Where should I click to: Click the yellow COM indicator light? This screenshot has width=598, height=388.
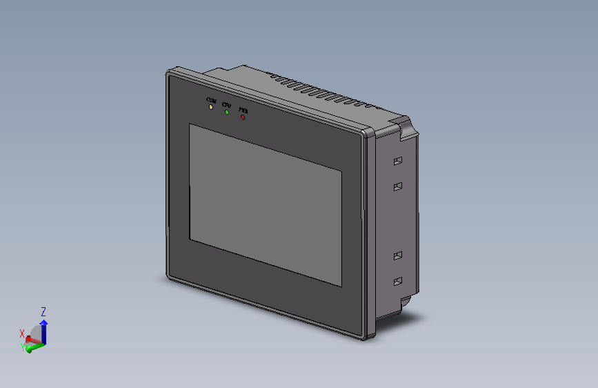point(210,107)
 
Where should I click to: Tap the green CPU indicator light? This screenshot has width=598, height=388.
point(226,112)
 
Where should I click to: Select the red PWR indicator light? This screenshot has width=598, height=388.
point(243,117)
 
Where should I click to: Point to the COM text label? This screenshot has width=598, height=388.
point(211,101)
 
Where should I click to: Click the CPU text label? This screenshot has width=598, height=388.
point(226,105)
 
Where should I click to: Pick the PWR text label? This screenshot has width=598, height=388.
point(243,110)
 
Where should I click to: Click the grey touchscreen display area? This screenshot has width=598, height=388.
point(266,204)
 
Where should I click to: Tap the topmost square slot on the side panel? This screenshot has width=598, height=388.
point(397,162)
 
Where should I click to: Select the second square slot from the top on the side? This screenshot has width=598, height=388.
point(397,186)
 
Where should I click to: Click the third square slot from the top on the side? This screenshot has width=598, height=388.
point(397,256)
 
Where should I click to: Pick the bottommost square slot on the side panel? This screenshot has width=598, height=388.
point(397,281)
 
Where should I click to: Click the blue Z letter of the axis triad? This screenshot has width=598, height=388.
point(43,311)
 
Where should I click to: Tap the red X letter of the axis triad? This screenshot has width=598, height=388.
point(22,333)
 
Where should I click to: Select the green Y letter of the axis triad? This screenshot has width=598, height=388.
point(23,348)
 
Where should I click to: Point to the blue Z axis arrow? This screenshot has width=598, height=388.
point(44,329)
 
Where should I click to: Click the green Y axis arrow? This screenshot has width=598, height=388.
point(33,347)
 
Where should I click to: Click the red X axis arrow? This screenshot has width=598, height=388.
point(32,340)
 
